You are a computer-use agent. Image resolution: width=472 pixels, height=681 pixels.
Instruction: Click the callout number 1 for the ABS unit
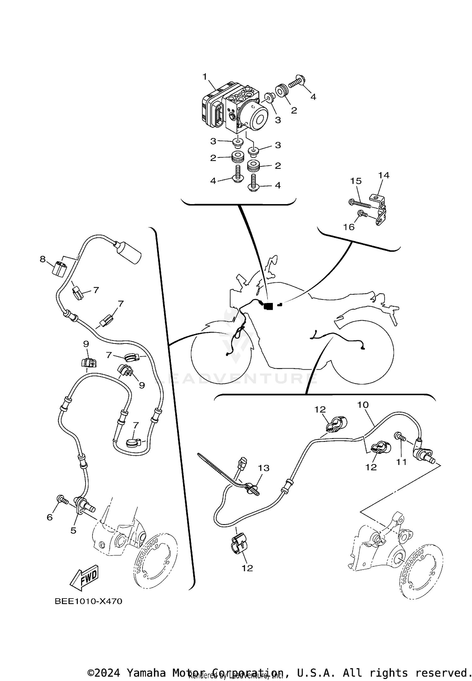[x=205, y=76]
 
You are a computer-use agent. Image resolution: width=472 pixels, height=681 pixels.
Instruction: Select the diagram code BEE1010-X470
[x=88, y=601]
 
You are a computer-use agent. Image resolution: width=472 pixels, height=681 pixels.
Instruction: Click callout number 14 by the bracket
[x=384, y=175]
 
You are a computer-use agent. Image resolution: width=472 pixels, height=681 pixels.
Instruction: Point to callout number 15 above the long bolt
[x=356, y=181]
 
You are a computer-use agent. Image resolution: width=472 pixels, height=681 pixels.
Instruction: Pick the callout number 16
[x=349, y=227]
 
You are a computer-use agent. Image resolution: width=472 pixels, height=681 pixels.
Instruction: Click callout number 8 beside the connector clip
[x=42, y=259]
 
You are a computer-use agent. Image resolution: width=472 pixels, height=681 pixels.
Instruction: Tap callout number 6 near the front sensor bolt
[x=49, y=517]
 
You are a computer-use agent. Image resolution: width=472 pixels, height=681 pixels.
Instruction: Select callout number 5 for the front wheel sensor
[x=73, y=530]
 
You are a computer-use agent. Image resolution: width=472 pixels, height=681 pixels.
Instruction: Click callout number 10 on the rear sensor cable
[x=363, y=405]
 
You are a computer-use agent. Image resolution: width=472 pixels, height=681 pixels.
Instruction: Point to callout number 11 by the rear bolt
[x=402, y=462]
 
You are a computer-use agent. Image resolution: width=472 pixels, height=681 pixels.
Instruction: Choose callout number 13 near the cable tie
[x=264, y=468]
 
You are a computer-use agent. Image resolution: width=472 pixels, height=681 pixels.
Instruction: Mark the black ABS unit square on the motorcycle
[x=268, y=306]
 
